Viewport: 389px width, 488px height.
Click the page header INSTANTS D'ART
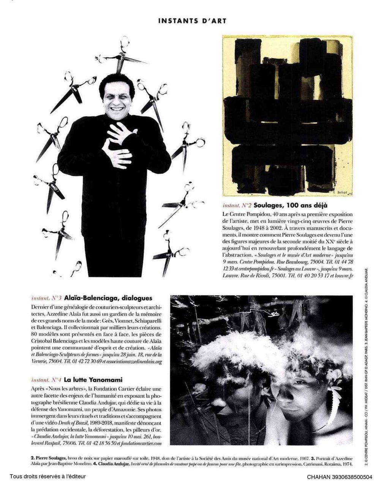tap(192, 21)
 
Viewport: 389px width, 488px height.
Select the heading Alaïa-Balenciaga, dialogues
tap(108, 298)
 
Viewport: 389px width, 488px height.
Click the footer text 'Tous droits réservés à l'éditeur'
tap(48, 477)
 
